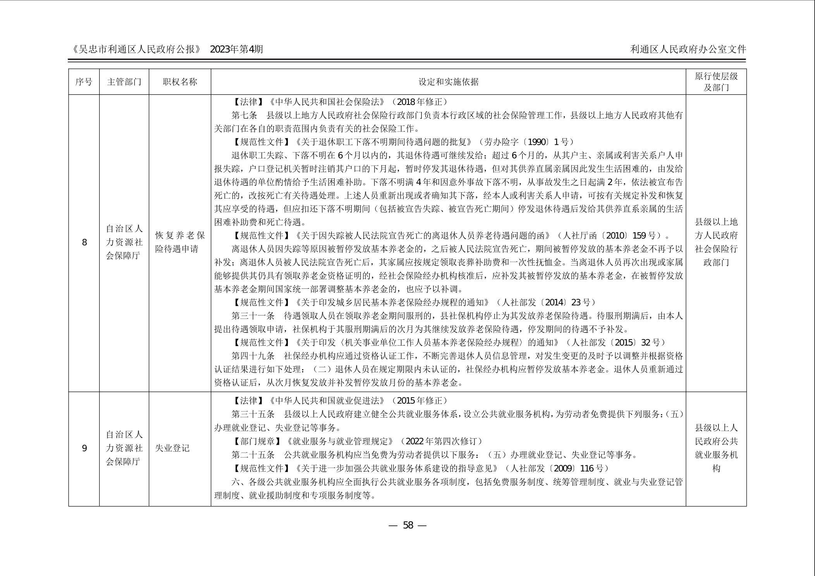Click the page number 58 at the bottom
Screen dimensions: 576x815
click(x=408, y=525)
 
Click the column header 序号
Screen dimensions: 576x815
click(x=84, y=82)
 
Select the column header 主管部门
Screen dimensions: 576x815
click(x=124, y=82)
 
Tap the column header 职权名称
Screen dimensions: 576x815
click(x=180, y=82)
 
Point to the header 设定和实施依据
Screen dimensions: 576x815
click(x=448, y=82)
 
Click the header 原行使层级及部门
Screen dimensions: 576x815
click(x=716, y=82)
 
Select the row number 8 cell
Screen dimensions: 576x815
click(x=84, y=243)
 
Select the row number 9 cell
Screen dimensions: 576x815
click(x=84, y=449)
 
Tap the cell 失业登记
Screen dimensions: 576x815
click(x=172, y=448)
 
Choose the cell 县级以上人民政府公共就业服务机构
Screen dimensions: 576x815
click(x=716, y=448)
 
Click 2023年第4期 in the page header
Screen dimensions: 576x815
click(x=236, y=49)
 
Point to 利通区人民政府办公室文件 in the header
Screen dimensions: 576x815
click(x=688, y=49)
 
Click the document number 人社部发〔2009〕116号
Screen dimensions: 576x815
click(x=557, y=468)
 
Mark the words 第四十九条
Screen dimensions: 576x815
click(x=253, y=356)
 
